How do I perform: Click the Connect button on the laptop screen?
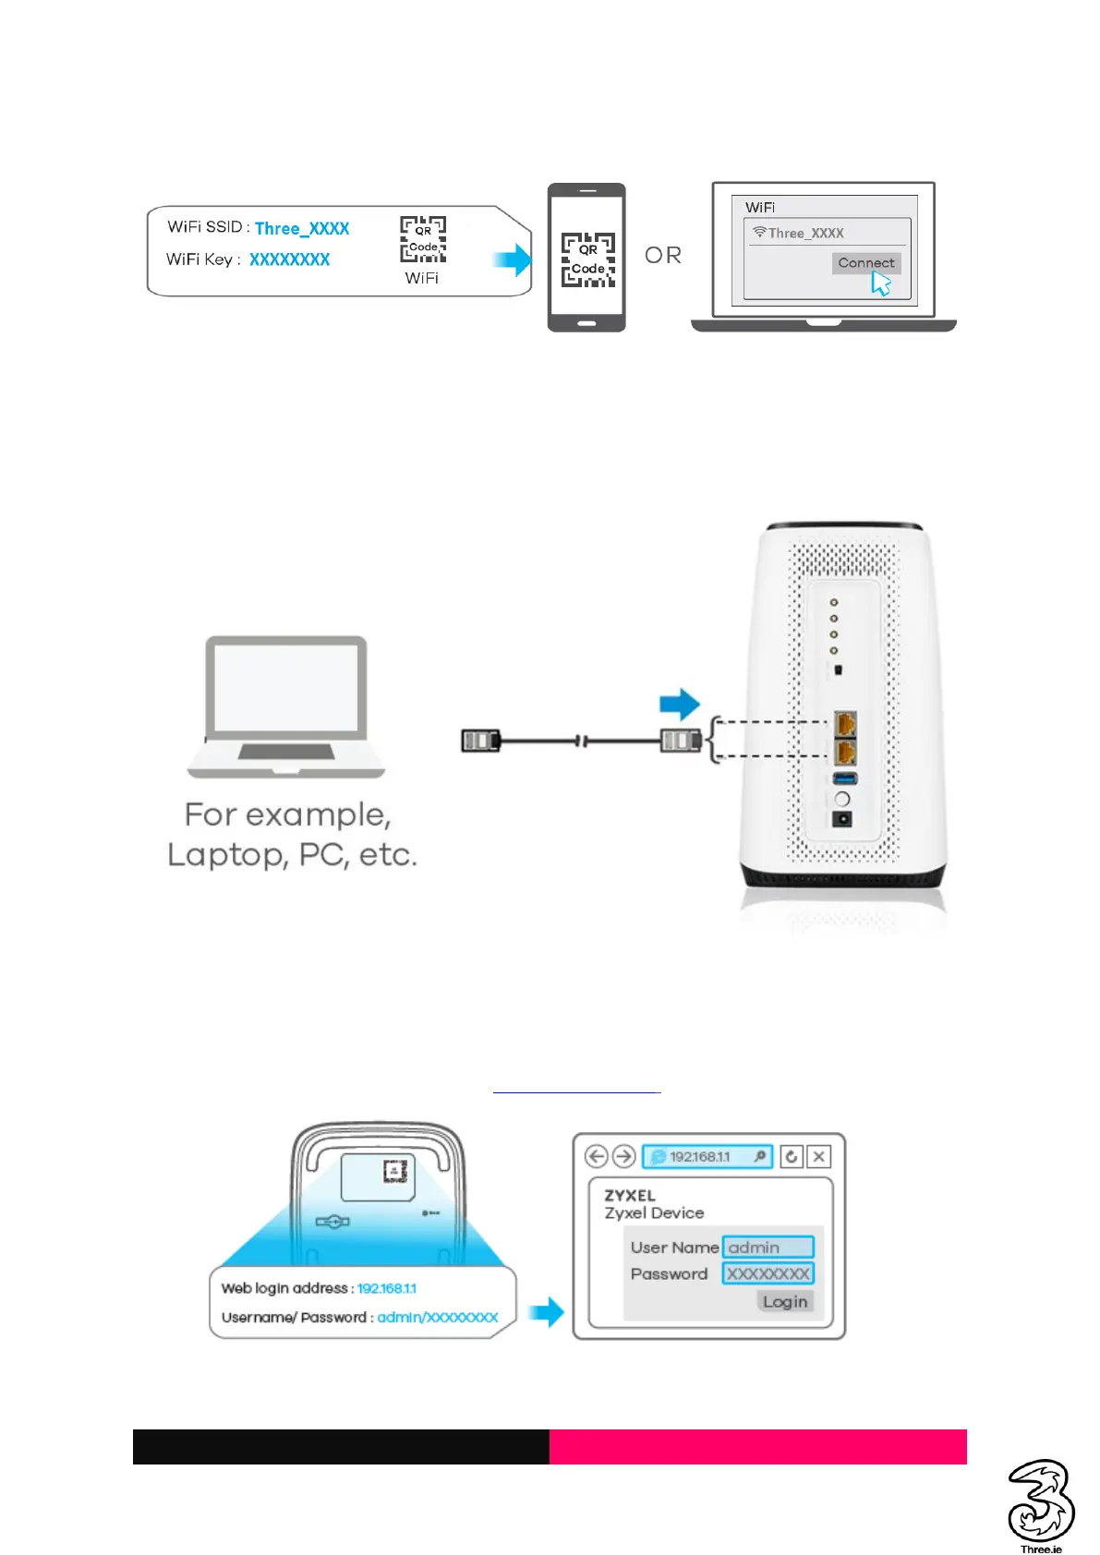coord(865,263)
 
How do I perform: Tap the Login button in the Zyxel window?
coord(785,1301)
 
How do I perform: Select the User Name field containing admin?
coord(768,1248)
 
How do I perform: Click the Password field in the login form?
coord(768,1274)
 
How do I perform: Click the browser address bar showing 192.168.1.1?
coord(707,1156)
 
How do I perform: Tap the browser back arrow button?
coord(597,1156)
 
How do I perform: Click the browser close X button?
coord(818,1156)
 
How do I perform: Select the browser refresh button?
coord(792,1156)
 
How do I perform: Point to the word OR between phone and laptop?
coord(663,255)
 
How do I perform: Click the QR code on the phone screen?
coord(588,259)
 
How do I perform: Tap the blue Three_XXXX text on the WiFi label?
coord(302,229)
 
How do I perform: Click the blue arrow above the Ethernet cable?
coord(680,704)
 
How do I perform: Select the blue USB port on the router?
coord(844,778)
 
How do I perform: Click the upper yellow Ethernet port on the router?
coord(844,723)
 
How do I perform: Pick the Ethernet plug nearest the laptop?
coord(480,740)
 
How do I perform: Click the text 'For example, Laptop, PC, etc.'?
coord(291,835)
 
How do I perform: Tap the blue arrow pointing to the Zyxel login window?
coord(548,1311)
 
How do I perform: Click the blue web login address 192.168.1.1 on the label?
coord(387,1288)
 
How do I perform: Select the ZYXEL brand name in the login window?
coord(630,1195)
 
